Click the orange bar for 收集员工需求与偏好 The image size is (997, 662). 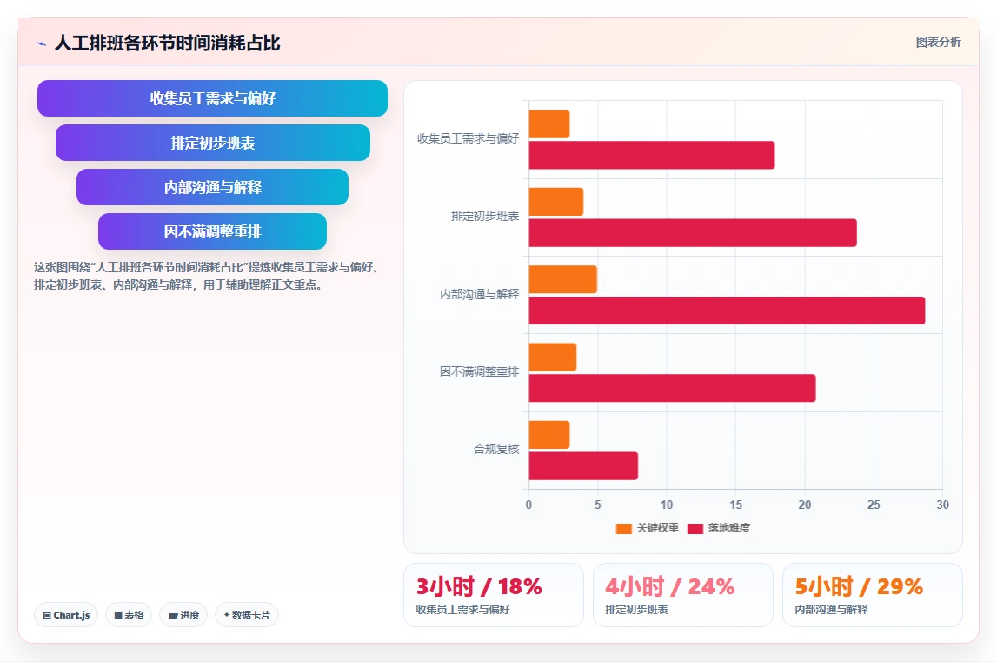(548, 124)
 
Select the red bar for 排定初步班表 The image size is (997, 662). (693, 233)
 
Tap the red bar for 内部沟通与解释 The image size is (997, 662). (727, 311)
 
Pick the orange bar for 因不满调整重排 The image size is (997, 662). (553, 358)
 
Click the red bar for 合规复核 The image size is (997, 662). (583, 466)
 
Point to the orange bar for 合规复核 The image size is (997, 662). (548, 435)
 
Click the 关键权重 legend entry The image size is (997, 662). (648, 528)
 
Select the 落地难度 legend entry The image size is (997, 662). (719, 528)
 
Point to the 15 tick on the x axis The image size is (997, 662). (735, 505)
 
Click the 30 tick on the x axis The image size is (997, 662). (942, 505)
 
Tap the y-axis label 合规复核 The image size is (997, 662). (496, 450)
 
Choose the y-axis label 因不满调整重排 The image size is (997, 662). (480, 371)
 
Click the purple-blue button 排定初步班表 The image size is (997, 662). (213, 143)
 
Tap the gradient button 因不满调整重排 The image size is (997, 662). (212, 231)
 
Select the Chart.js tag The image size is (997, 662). (66, 615)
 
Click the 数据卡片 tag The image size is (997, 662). (247, 615)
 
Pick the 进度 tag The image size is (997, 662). (183, 615)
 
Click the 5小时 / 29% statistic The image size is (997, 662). (859, 586)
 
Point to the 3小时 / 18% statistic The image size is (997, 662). (479, 586)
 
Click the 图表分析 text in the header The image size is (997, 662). (939, 42)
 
